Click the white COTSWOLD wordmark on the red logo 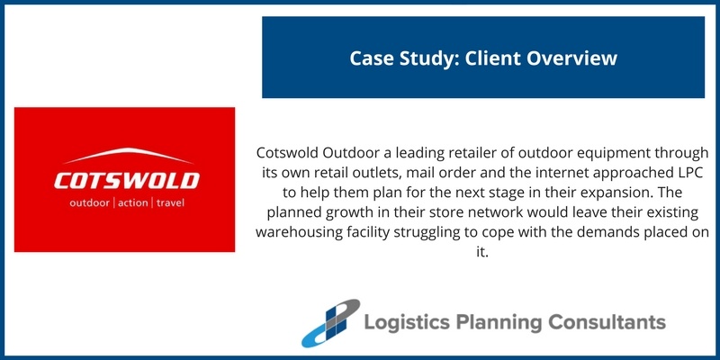[x=126, y=180]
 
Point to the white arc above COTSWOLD [x=126, y=153]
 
